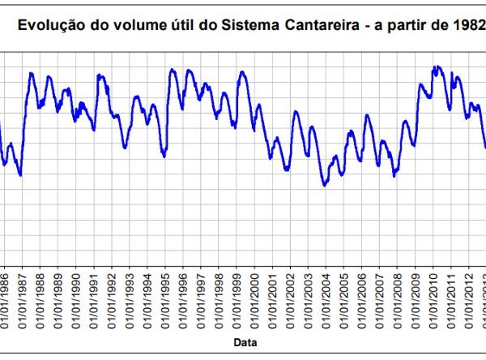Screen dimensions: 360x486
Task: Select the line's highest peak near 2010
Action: click(x=437, y=67)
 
